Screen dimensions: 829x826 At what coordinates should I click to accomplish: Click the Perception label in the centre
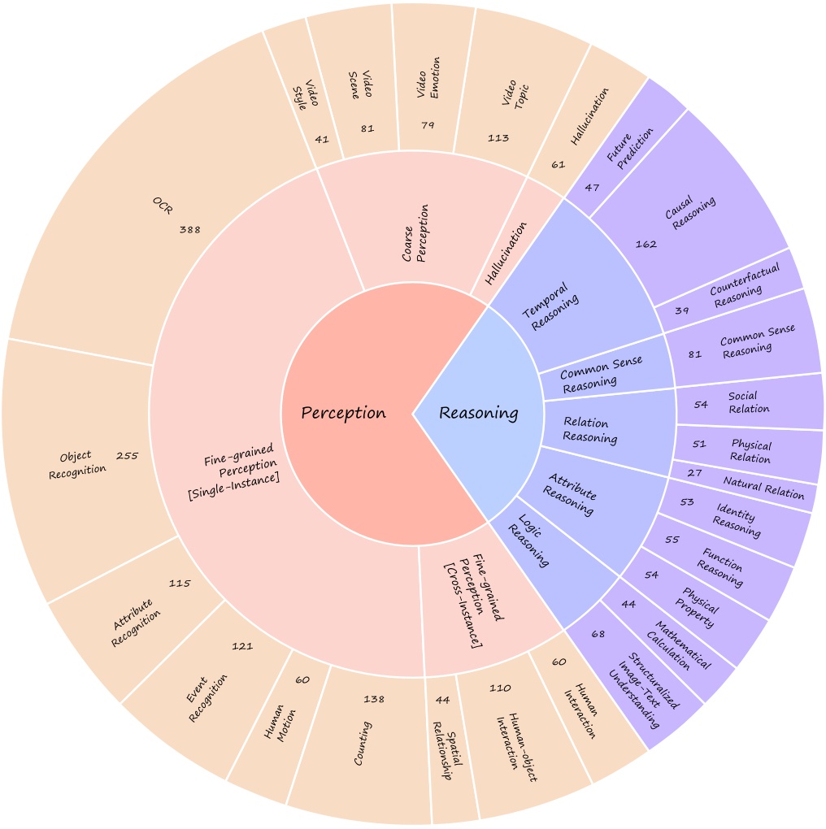tap(343, 413)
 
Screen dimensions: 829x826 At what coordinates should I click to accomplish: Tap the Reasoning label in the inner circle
tap(478, 413)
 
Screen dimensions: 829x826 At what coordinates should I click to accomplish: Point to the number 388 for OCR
tap(189, 230)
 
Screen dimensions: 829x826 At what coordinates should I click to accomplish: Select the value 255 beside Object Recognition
tap(127, 456)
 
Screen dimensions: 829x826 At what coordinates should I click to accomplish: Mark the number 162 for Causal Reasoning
tap(647, 243)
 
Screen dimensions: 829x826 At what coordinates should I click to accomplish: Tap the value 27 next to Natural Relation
tap(694, 473)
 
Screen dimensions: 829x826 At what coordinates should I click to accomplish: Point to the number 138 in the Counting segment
tap(374, 699)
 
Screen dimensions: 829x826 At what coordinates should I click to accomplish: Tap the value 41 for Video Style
tap(322, 139)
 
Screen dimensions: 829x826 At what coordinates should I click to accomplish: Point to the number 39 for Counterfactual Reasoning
tap(681, 311)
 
